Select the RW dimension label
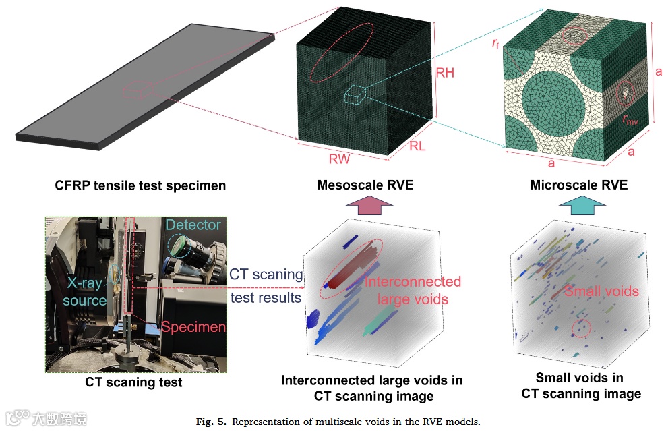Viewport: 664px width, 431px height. click(x=341, y=159)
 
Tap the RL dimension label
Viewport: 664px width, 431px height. click(x=418, y=146)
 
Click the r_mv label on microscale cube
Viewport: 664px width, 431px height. click(x=631, y=119)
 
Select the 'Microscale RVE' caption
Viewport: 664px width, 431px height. click(x=579, y=185)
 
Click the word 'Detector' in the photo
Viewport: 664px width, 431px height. click(x=193, y=225)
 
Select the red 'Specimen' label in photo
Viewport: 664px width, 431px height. click(x=193, y=328)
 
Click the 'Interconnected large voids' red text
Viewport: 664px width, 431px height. click(x=413, y=290)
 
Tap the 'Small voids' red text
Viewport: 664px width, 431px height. click(x=601, y=291)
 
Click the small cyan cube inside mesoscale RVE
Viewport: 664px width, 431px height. click(x=355, y=94)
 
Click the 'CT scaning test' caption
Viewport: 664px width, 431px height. click(x=133, y=382)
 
